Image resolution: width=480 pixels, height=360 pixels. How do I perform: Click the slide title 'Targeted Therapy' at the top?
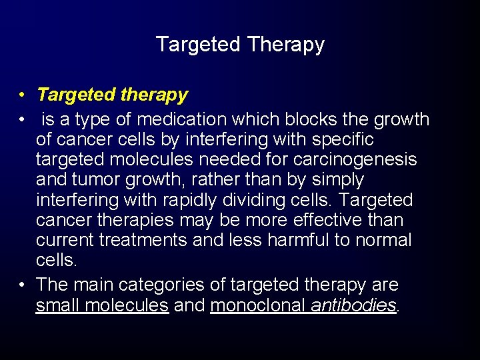pos(240,45)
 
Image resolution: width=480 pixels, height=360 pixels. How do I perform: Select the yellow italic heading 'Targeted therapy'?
pos(112,95)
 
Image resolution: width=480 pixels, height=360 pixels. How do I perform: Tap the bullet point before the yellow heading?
pos(23,95)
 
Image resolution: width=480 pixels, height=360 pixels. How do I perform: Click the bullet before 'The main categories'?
pos(23,285)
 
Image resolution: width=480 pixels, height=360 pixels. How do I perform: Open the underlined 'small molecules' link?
pos(102,305)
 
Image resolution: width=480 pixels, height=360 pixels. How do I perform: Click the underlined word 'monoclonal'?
pos(258,305)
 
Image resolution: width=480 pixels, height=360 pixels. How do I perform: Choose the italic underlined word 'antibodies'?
pos(353,305)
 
